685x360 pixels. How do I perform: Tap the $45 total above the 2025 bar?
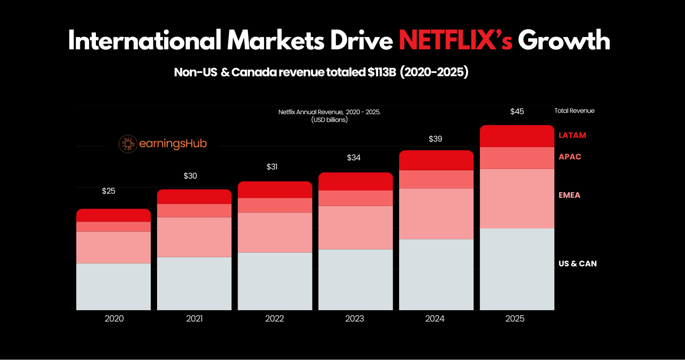(x=517, y=111)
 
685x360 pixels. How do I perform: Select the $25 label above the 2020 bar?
(x=108, y=191)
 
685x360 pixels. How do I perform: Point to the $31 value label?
(x=272, y=167)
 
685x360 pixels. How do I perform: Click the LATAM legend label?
(x=572, y=135)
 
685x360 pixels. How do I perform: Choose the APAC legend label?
(x=570, y=157)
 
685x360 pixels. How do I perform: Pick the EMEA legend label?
(x=569, y=195)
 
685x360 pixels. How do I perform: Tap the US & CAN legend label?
(x=578, y=264)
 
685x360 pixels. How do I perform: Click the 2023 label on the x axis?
(x=355, y=318)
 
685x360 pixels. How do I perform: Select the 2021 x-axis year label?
(x=195, y=318)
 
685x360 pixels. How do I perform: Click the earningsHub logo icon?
(x=128, y=144)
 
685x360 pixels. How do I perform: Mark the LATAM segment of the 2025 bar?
(x=517, y=136)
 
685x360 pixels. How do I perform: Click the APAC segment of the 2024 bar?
(x=436, y=179)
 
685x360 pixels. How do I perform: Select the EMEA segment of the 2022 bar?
(x=275, y=233)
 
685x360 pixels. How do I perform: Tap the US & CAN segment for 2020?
(x=113, y=286)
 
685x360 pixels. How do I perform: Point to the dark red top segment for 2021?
(x=194, y=196)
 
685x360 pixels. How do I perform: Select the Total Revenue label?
(x=574, y=111)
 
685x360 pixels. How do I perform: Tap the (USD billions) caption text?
(x=329, y=120)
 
